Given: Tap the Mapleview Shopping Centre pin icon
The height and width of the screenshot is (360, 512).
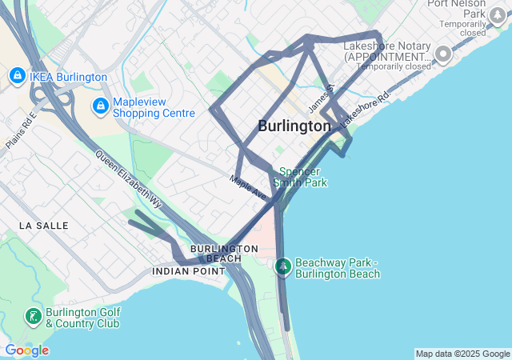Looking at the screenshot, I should coord(100,106).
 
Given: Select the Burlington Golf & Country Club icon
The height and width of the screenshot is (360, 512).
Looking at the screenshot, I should coord(33,317).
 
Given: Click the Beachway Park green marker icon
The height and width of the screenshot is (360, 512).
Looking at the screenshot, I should coord(282,266).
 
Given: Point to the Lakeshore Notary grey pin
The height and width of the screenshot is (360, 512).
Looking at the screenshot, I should coord(444,54).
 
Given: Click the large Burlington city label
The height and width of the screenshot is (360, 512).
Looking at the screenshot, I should coord(294,126).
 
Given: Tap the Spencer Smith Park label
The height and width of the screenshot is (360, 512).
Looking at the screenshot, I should coord(300,177).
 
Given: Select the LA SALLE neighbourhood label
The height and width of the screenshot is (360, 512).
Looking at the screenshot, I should coord(43,226).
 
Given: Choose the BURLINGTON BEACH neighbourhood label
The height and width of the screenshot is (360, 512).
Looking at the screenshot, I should coord(224,253).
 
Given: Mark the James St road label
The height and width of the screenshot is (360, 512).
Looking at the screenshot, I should coord(320,99).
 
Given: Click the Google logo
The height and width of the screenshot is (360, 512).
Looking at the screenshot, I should coord(26,350).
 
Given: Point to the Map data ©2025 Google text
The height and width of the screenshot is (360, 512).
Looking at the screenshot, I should coord(462,354).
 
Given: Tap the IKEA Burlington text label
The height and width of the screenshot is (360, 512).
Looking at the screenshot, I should coord(68,77).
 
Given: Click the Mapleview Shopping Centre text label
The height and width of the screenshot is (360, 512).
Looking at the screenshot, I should coord(154,107).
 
